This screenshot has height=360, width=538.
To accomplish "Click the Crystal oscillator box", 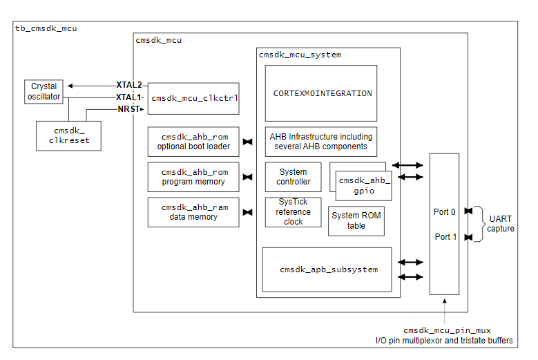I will (x=45, y=91).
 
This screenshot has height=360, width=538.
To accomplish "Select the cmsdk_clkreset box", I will (x=68, y=135).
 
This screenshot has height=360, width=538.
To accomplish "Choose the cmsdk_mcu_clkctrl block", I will (x=194, y=98).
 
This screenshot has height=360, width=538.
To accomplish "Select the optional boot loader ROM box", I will (x=194, y=142).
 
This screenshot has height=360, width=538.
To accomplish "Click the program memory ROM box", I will (x=194, y=177).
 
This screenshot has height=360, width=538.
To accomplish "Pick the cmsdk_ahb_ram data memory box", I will (x=194, y=212).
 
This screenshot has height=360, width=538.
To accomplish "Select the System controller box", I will (x=294, y=177).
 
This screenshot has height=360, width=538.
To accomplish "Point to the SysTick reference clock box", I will (x=294, y=212).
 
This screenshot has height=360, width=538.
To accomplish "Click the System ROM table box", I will (x=356, y=220).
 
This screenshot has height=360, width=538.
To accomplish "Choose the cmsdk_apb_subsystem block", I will (x=327, y=269).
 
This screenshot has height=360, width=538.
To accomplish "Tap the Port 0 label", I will (x=445, y=212).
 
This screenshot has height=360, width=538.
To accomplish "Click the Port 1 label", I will (x=445, y=237).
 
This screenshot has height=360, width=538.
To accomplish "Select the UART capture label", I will (x=500, y=223).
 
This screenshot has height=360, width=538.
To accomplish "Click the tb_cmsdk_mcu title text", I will (x=46, y=28).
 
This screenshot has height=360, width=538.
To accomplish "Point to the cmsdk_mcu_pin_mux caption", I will (x=448, y=330).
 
